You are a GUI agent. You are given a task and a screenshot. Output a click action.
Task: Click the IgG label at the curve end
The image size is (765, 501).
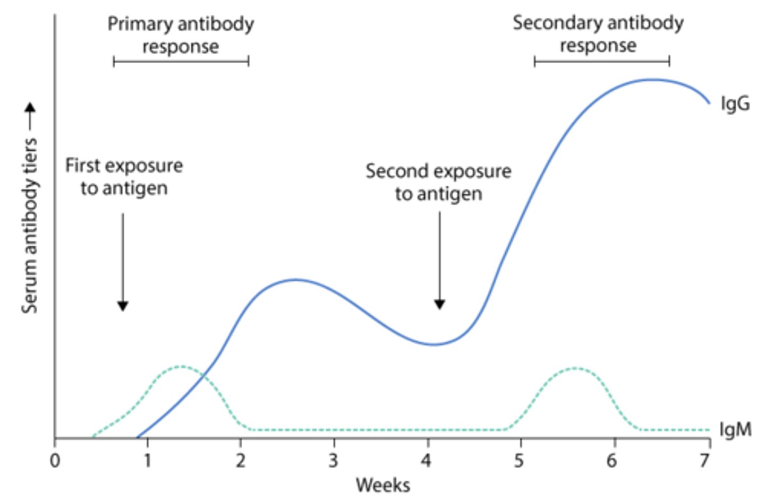[735, 103]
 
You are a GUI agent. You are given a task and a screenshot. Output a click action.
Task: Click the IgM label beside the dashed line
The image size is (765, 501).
[735, 429]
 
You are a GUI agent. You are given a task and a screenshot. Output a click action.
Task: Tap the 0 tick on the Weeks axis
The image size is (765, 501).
[55, 460]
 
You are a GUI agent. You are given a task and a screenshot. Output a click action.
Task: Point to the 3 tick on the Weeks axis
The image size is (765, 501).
[334, 460]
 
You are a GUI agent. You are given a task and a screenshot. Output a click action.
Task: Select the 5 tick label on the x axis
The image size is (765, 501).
[520, 460]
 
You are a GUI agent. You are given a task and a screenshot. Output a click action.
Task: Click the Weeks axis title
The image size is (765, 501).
[382, 485]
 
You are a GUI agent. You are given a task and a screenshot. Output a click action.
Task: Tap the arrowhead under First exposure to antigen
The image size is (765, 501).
[123, 306]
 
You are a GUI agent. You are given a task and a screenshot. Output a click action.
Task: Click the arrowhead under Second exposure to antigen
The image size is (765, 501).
[439, 304]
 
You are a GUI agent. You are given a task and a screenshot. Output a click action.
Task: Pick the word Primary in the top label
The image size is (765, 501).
[140, 24]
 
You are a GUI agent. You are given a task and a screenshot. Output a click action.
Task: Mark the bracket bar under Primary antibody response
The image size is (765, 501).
[181, 62]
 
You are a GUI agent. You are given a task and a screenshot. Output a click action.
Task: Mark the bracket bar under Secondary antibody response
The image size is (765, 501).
[602, 62]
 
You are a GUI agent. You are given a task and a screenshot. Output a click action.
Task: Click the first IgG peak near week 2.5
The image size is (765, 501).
[295, 280]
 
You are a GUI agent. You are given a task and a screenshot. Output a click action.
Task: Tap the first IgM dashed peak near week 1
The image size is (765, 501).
[181, 366]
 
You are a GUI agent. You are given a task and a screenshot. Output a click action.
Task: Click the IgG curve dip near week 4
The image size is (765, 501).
[435, 344]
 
